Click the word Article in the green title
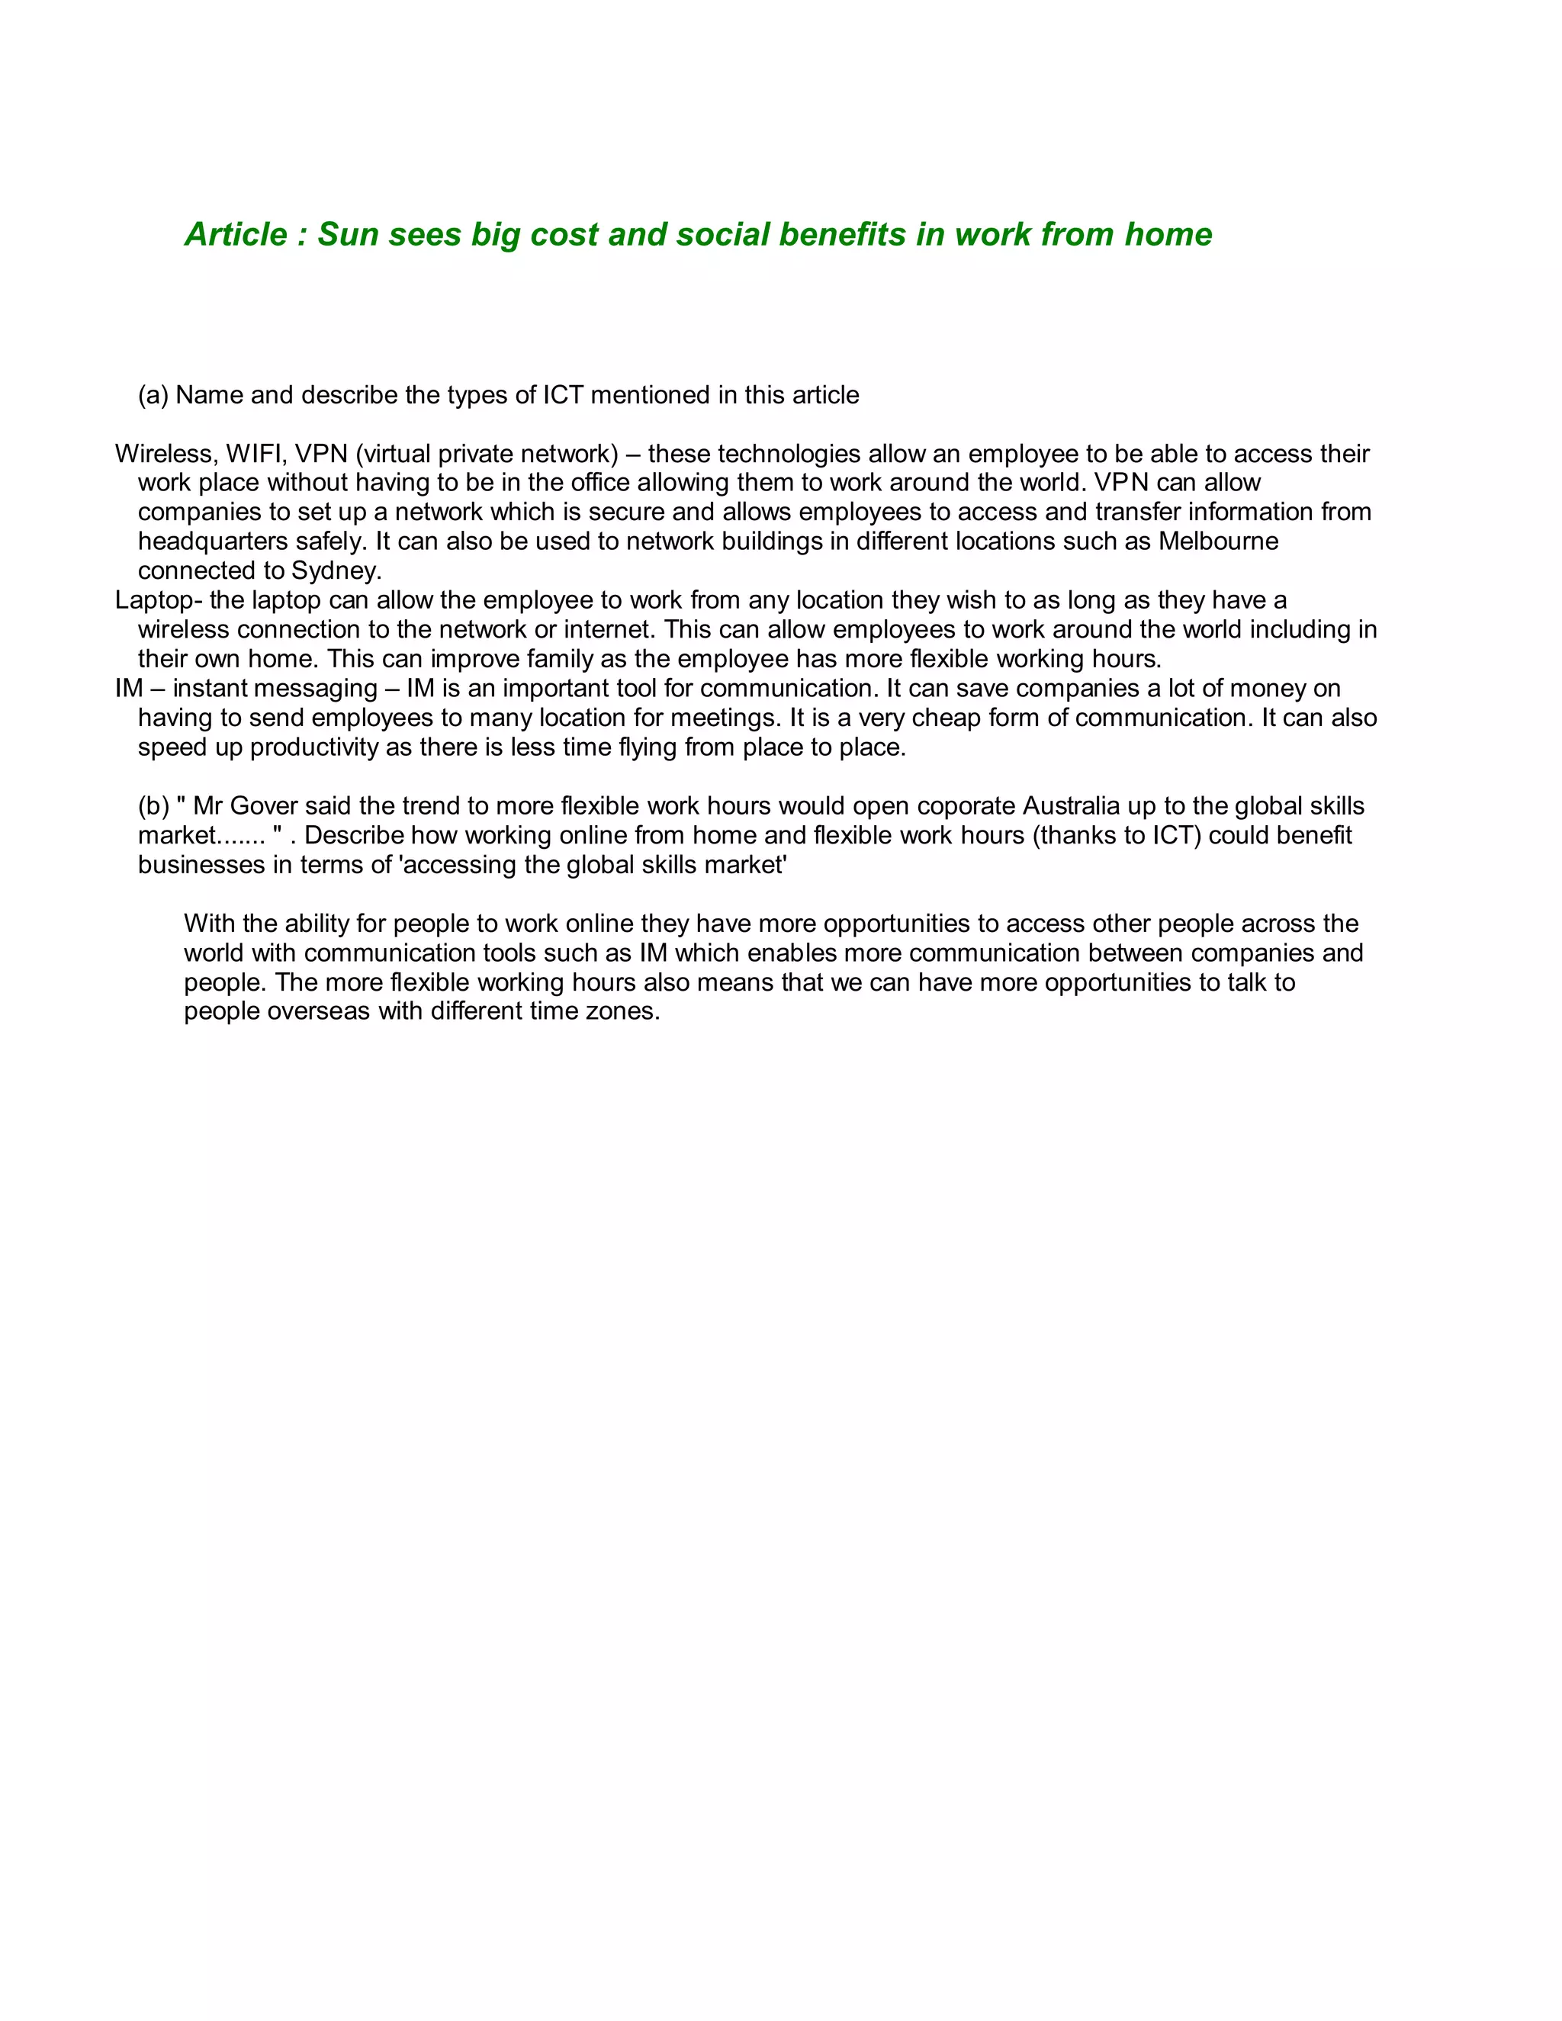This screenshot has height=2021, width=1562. tap(236, 235)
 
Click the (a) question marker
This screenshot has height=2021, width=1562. tap(153, 395)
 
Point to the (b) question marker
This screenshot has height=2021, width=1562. tap(153, 806)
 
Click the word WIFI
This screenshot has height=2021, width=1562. tap(256, 454)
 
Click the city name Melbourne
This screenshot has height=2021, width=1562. tap(1218, 541)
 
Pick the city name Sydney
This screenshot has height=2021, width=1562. tap(336, 571)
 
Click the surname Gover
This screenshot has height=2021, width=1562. tap(264, 806)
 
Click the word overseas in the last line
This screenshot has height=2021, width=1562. tap(317, 1010)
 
